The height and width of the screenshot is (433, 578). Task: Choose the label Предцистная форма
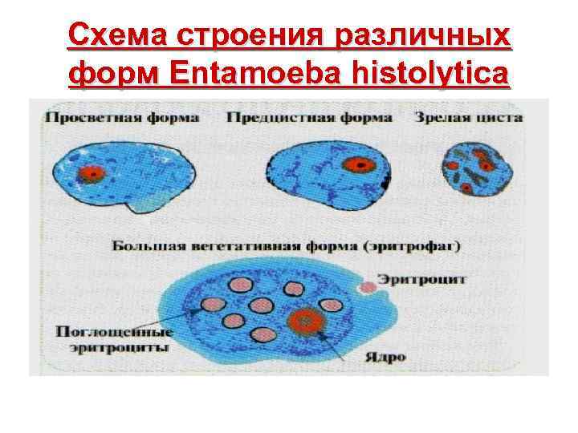pos(309,118)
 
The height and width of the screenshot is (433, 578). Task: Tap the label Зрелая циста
pos(469,118)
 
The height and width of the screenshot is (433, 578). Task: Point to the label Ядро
pos(389,357)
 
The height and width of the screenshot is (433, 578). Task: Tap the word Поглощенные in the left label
pos(114,331)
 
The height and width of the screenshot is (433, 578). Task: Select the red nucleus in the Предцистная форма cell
pos(360,165)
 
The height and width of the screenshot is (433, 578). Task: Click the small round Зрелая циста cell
pos(476,169)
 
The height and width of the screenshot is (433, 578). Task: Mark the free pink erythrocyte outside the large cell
pos(368,286)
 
